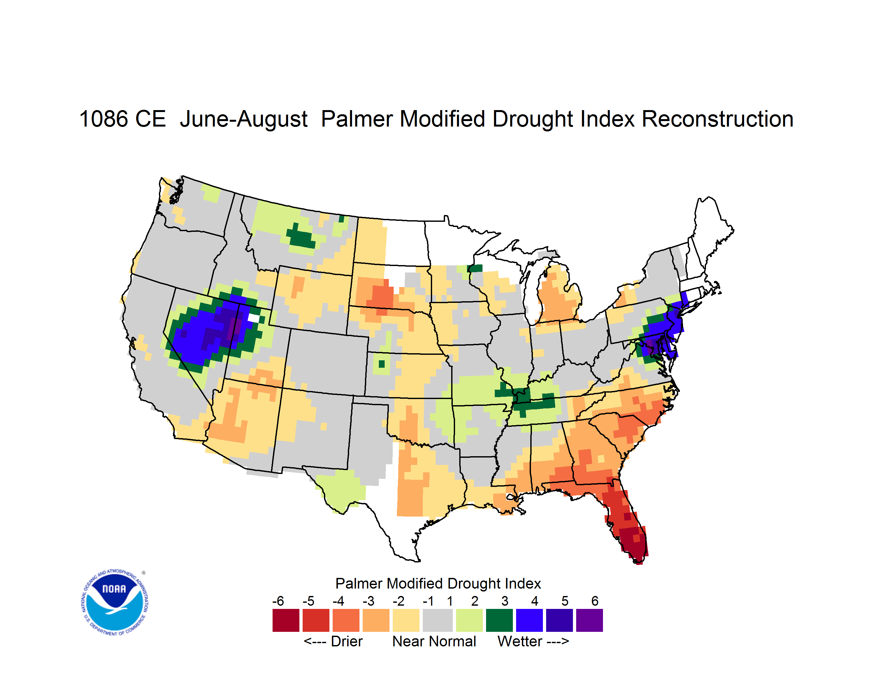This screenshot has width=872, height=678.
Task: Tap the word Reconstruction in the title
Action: coord(718,119)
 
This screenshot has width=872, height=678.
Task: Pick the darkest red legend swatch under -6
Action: coord(286,620)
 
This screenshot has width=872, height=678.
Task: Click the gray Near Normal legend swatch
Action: coord(438,620)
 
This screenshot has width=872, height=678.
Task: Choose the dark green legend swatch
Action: coord(499,620)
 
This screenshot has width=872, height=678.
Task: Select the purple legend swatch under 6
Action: coord(589,620)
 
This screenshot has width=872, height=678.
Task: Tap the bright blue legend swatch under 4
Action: coord(529,620)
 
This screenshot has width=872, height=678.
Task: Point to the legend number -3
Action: coord(368,601)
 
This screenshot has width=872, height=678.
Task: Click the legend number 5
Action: coord(565,601)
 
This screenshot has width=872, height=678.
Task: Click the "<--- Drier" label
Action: coord(333,641)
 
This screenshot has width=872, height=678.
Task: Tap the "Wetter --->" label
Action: coord(533,641)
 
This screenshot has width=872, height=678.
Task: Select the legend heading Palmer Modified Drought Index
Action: coord(438,583)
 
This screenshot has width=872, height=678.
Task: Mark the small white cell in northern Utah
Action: coord(254,318)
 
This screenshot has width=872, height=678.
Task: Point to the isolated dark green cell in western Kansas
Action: coord(382,364)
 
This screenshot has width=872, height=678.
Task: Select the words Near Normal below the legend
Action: coord(434,641)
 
